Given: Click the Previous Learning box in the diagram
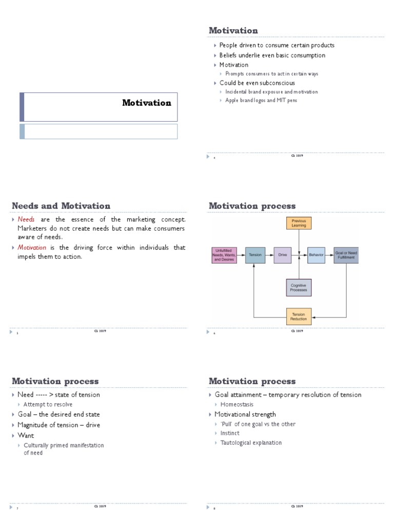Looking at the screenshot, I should pos(298,223).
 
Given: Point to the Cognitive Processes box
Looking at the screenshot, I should pos(298,288).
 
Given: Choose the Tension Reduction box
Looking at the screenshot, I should pos(298,316).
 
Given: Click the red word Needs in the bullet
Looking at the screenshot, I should pos(26,219).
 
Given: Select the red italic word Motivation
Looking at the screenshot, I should pos(32,248).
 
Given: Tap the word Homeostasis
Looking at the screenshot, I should pos(237,404).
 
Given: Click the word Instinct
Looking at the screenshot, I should pos(230,433).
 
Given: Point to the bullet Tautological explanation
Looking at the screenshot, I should pos(251,442).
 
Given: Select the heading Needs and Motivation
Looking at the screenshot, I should pos(61,206).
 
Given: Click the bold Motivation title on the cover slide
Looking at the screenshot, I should pos(147,103).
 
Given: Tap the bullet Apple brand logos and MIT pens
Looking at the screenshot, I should pos(261,101).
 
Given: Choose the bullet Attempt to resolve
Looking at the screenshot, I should pos(48,404).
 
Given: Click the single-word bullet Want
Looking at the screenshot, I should pos(26,435).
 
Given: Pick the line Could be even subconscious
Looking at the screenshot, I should pos(257,83).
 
